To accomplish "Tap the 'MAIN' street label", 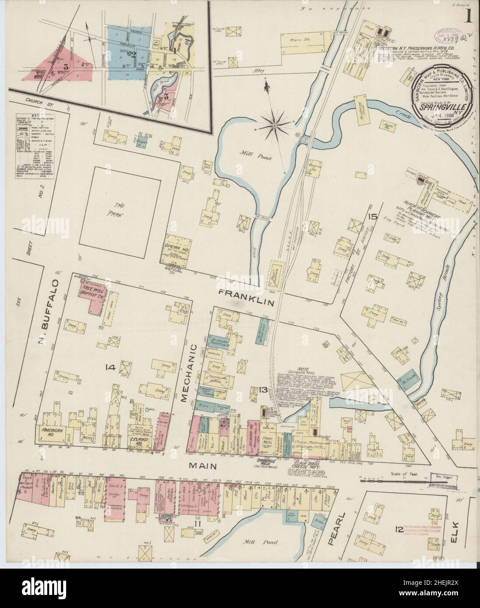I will click(x=204, y=466).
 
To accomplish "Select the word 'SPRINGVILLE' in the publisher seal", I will click(x=441, y=106).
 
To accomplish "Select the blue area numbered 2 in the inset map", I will click(x=131, y=54).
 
